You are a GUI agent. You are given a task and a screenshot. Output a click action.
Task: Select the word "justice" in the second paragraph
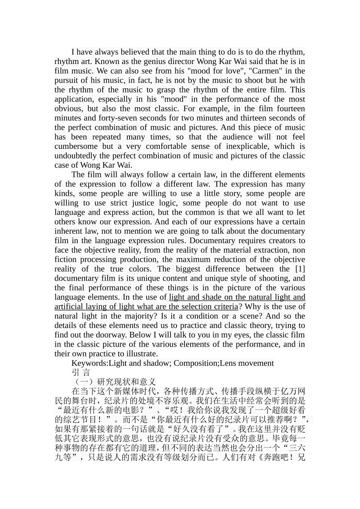[144, 203]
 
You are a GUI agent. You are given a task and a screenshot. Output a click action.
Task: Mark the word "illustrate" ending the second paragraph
[140, 354]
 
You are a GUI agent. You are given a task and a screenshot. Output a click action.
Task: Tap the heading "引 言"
[81, 373]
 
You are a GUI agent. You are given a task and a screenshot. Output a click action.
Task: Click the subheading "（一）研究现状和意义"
[113, 382]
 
